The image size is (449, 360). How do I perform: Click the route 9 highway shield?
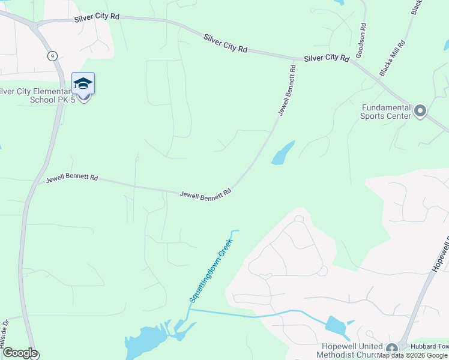53,56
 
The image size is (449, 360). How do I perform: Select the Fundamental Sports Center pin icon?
420,111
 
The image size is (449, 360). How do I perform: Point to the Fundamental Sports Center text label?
386,112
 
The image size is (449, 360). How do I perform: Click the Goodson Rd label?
361,40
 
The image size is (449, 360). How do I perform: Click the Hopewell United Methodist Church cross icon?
392,349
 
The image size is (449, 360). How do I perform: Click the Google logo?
20,353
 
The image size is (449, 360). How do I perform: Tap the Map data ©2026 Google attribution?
412,355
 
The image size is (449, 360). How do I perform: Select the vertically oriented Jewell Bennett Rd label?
288,90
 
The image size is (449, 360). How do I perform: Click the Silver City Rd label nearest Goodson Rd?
327,58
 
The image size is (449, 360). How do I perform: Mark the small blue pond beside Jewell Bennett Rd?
283,154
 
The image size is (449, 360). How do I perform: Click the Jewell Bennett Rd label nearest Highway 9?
72,178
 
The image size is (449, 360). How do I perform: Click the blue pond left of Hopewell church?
334,326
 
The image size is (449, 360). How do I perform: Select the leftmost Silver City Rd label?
97,18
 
